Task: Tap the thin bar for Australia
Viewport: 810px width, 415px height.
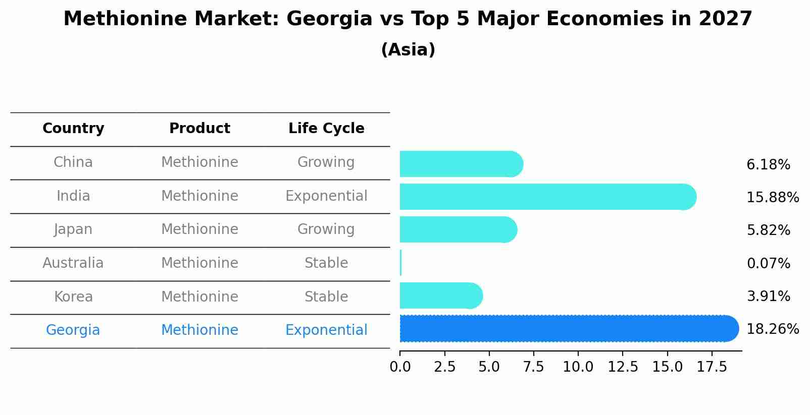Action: click(x=400, y=263)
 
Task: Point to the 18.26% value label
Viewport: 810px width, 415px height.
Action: click(x=772, y=329)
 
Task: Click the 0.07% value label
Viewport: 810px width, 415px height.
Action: click(x=768, y=263)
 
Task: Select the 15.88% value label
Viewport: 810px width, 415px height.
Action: click(x=772, y=197)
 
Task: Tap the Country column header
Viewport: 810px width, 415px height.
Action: click(x=73, y=129)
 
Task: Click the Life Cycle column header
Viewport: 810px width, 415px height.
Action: click(x=326, y=129)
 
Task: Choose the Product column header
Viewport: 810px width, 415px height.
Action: click(x=199, y=129)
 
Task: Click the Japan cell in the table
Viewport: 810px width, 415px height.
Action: click(x=73, y=229)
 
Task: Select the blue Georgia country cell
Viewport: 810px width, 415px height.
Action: click(x=73, y=330)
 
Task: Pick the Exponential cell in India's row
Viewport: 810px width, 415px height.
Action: click(x=326, y=196)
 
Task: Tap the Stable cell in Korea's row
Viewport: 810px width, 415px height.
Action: click(x=326, y=297)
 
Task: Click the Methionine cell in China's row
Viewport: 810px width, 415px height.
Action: click(x=199, y=162)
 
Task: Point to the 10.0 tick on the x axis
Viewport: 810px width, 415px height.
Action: click(x=578, y=367)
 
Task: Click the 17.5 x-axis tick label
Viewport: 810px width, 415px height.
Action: click(x=712, y=367)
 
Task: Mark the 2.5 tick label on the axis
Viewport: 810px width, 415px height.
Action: click(x=444, y=367)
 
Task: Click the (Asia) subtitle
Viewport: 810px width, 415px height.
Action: click(x=408, y=50)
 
